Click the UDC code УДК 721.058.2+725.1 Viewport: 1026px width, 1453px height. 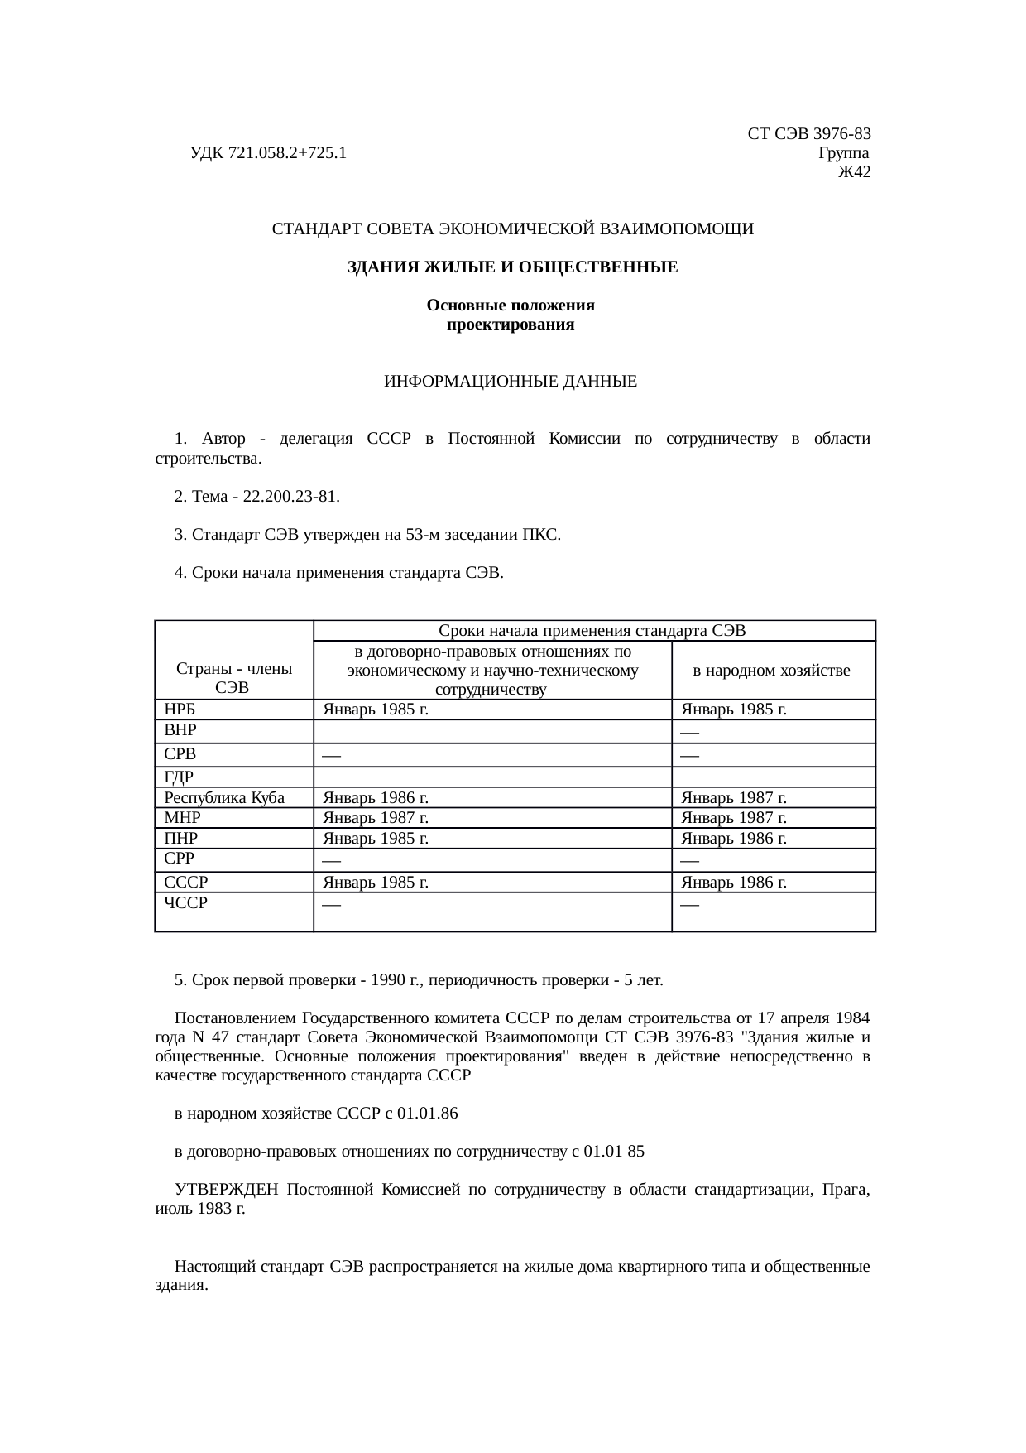click(x=268, y=153)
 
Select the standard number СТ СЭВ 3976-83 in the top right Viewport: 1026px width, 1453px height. click(x=808, y=134)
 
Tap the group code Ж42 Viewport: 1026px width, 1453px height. click(x=854, y=172)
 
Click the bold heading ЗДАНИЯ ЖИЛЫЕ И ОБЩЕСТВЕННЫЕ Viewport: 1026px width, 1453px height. click(x=512, y=267)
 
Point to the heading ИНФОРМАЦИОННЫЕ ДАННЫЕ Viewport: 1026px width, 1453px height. click(x=511, y=382)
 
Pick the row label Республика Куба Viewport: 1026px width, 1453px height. click(x=224, y=798)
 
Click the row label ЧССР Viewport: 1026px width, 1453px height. click(x=186, y=903)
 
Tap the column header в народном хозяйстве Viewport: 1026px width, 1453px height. click(x=771, y=671)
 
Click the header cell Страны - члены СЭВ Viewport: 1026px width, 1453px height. click(x=233, y=678)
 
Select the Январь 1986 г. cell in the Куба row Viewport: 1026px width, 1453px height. click(x=376, y=798)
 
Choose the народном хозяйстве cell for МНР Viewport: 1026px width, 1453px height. click(x=733, y=818)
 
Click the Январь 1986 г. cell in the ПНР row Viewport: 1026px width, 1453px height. click(x=733, y=839)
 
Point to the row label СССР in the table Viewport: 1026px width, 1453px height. click(x=186, y=883)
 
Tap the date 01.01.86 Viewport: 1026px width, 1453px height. click(x=427, y=1114)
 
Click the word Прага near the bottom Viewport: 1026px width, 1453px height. click(x=845, y=1191)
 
